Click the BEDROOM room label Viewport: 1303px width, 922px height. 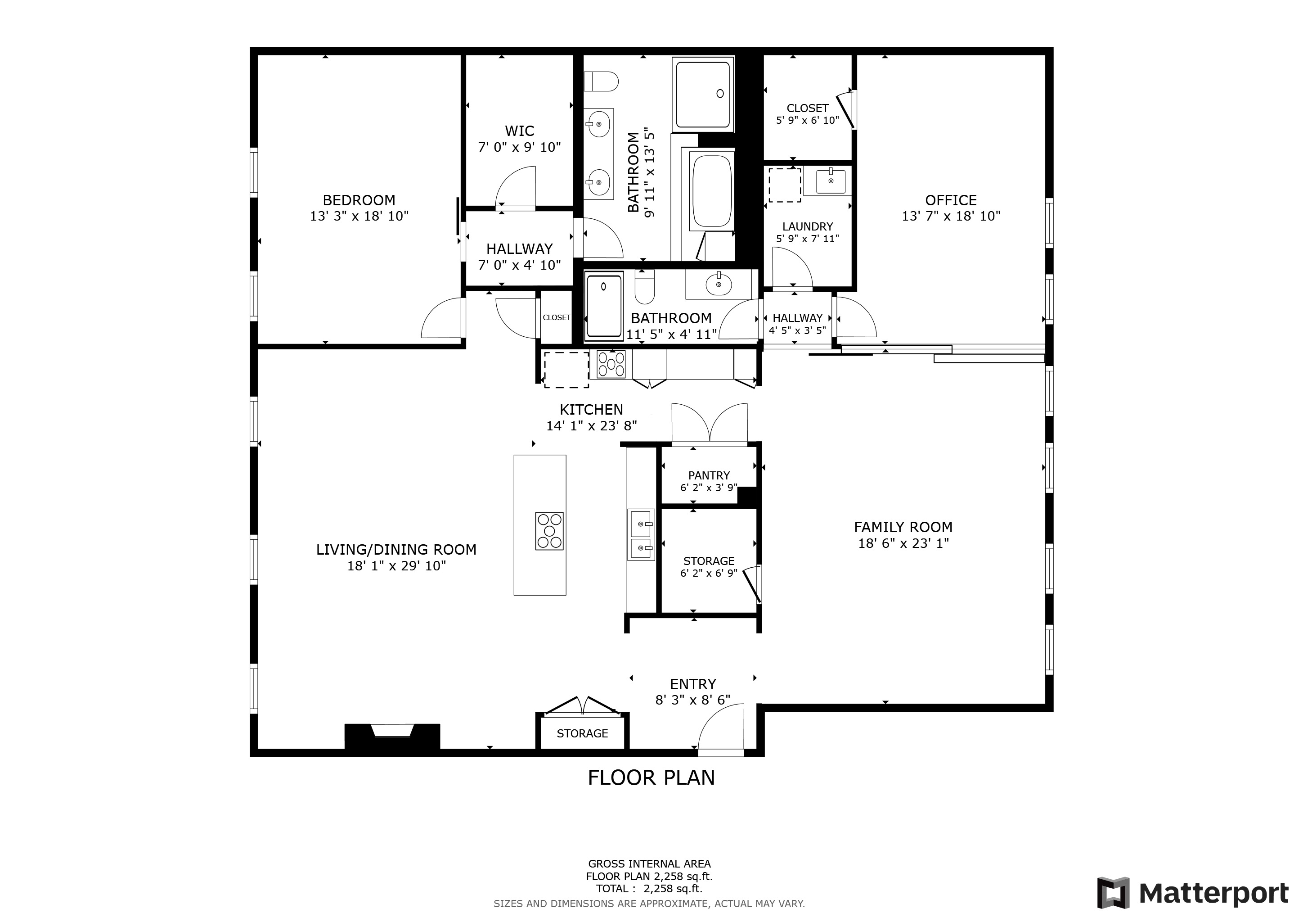coord(359,200)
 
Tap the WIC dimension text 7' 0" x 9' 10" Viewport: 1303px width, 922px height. coord(519,148)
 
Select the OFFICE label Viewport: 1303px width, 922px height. coord(951,200)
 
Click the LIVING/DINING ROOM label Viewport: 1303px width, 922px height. coord(396,550)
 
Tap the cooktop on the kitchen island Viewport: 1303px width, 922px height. coord(549,531)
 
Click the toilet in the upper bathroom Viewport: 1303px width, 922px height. coord(601,81)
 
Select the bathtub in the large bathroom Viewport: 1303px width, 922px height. coord(712,191)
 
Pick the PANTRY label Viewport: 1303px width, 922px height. coord(709,475)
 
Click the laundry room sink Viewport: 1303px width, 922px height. coord(831,181)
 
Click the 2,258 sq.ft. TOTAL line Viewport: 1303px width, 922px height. coord(649,889)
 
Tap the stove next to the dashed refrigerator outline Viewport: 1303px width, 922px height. coord(611,364)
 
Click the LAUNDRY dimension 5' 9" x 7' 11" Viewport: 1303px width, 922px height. coord(807,239)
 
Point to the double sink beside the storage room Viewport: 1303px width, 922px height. coord(641,533)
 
